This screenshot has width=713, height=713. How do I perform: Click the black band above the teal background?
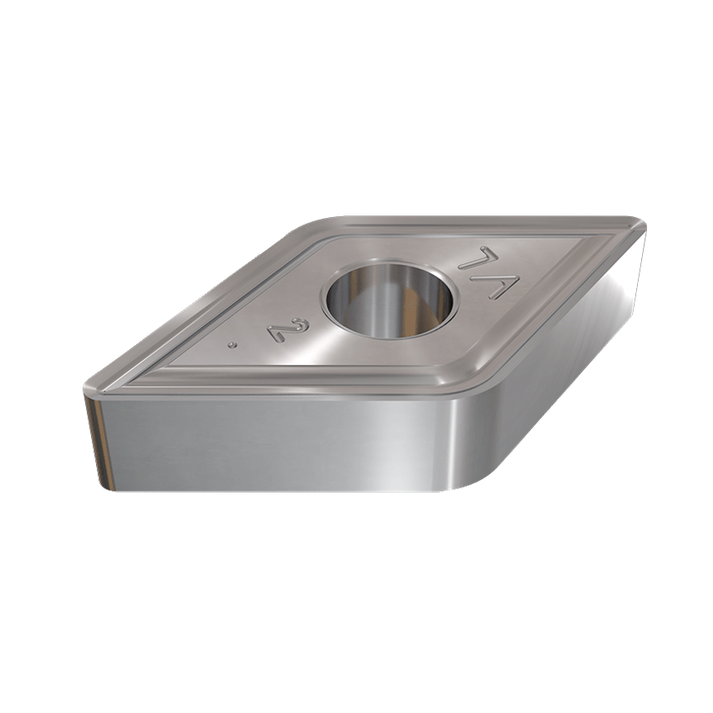coord(356,67)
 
